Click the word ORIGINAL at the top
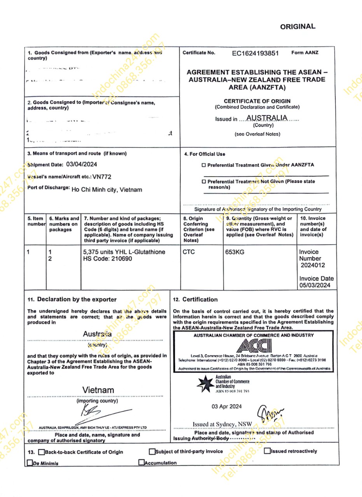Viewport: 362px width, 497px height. [297, 26]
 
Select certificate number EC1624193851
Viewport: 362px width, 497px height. [255, 54]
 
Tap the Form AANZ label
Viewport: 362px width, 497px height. [305, 52]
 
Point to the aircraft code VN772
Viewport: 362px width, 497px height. [102, 177]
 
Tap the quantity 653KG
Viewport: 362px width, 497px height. [235, 252]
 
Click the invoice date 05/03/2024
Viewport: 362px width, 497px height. [316, 285]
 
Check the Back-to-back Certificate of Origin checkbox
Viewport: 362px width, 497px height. [42, 452]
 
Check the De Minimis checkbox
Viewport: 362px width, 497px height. [30, 463]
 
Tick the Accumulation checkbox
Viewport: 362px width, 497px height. [142, 462]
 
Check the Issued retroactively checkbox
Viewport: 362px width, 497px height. [267, 451]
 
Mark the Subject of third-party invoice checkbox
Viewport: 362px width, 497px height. [152, 452]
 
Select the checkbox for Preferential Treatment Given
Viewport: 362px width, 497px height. [203, 165]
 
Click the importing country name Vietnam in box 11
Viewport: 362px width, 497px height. [98, 390]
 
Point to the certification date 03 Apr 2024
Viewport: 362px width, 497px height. [226, 406]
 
